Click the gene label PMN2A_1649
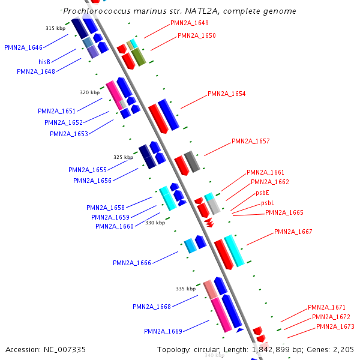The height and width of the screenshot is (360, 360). (190, 23)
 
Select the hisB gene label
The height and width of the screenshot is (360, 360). (44, 62)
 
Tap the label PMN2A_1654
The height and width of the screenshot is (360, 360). (226, 94)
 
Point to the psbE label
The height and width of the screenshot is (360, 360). (262, 193)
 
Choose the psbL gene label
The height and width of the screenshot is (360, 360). (267, 203)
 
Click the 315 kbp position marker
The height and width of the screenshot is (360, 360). (55, 28)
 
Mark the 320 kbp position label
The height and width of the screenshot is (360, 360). (89, 92)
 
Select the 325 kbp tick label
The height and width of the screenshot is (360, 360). (123, 157)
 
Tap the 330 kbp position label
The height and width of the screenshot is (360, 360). (155, 223)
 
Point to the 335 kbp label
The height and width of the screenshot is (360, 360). (185, 289)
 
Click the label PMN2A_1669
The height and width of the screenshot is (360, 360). (163, 331)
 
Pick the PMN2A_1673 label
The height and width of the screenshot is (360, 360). (335, 326)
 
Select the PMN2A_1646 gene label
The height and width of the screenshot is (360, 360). (23, 47)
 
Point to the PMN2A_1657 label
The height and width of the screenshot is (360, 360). (250, 142)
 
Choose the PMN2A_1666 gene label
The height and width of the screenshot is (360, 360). (131, 263)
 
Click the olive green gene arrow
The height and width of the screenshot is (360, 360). (139, 57)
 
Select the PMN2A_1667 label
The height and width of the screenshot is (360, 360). (293, 232)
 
